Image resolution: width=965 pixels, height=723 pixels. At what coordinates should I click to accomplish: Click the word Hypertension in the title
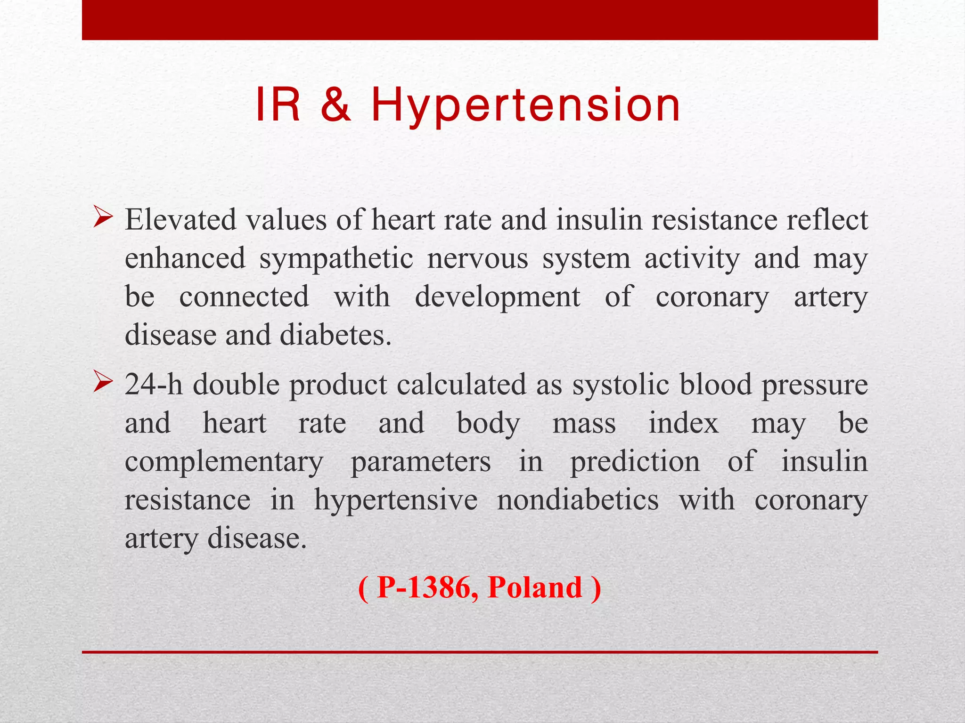pos(525,106)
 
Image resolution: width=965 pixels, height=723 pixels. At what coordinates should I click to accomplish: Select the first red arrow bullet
pos(103,217)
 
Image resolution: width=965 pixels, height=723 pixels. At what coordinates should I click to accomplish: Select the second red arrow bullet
pos(103,382)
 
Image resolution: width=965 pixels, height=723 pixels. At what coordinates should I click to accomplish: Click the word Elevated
pos(180,220)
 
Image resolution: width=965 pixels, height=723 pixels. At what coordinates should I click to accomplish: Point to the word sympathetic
pos(336,259)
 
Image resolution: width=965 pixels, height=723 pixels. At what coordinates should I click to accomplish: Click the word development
pos(497,298)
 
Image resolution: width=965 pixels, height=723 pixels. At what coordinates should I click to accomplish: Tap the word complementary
pos(224,462)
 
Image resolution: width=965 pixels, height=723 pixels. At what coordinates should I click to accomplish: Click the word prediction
pos(635,462)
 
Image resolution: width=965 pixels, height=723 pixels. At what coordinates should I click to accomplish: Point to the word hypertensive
pos(396,500)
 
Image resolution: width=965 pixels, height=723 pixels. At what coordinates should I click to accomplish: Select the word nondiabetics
pos(578,500)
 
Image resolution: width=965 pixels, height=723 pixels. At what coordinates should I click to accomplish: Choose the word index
pos(683,423)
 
